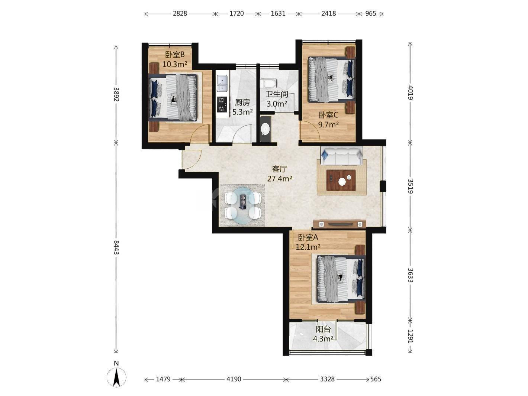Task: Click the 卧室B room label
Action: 175,55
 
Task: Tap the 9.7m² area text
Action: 328,124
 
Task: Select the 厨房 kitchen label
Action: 242,103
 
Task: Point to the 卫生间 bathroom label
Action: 277,94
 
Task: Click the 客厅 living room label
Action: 280,169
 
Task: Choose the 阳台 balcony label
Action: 323,329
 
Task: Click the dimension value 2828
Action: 180,13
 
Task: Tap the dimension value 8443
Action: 116,247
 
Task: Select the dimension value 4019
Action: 411,93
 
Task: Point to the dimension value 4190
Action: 234,379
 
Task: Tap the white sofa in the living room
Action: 342,156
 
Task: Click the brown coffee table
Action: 341,180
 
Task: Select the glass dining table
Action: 243,206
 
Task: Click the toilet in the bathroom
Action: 269,83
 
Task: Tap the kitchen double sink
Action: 54,83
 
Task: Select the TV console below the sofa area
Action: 339,224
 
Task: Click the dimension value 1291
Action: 411,336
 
